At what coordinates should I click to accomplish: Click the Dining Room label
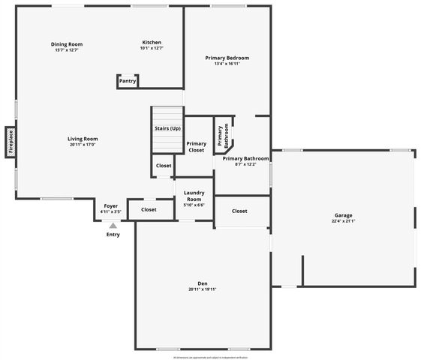coord(67,43)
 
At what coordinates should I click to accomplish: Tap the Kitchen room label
coord(152,42)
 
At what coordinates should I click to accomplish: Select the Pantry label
coord(128,81)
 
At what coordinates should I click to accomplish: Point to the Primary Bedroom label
coord(227,58)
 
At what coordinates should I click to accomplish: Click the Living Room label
coord(83,139)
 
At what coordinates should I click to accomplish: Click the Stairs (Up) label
coord(167,128)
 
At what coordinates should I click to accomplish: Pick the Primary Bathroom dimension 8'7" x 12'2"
coord(245,164)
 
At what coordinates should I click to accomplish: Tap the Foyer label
coord(110,205)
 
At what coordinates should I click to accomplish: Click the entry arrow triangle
coord(113,225)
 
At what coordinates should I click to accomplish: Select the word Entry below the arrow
coord(113,235)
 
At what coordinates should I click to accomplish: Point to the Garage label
coord(343,215)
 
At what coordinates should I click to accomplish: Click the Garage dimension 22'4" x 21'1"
coord(343,221)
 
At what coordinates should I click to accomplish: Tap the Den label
coord(203,283)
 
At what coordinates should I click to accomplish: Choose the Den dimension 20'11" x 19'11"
coord(203,289)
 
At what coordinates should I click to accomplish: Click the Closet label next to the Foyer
coord(149,210)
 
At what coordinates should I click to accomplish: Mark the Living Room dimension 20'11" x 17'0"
coord(83,145)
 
